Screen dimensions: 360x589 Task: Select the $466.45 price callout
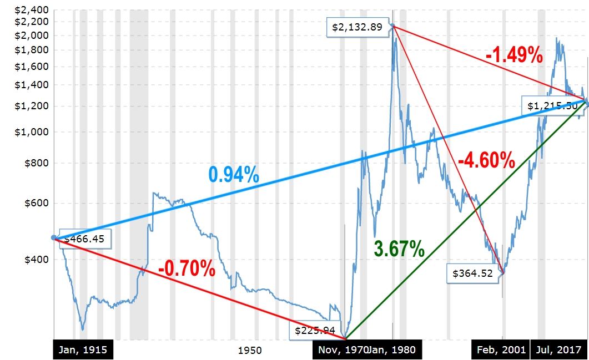[x=86, y=240]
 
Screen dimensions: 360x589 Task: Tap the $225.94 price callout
[x=315, y=331]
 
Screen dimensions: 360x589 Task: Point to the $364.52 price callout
[x=473, y=273]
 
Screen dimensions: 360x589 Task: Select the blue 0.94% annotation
[x=234, y=175]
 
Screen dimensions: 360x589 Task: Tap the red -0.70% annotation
[x=187, y=269]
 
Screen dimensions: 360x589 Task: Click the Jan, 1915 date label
[x=83, y=350]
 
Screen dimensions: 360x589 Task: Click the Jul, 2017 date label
[x=558, y=350]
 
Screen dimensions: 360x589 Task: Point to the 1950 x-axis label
[x=250, y=351]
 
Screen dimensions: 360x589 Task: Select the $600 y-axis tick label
[x=37, y=203]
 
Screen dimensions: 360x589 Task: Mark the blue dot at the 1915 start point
[x=54, y=238]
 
